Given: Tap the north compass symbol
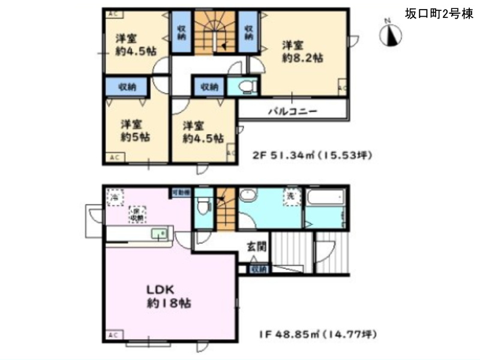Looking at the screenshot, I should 390,35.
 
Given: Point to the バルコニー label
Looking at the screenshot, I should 292,111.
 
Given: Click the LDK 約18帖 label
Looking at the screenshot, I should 169,295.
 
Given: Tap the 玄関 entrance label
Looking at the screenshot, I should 256,246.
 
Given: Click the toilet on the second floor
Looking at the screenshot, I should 243,88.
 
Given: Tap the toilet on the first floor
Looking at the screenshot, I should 204,207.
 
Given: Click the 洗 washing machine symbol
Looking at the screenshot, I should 290,197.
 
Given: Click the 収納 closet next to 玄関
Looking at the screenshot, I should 259,269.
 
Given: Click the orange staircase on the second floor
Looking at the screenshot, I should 214,36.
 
